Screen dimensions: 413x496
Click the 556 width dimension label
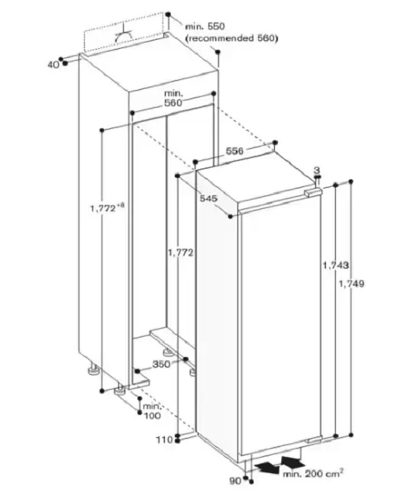(234, 151)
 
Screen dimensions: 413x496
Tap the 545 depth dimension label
(208, 198)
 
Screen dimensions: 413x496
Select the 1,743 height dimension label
(335, 265)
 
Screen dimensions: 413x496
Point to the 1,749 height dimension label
(351, 284)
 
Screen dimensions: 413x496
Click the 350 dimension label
(161, 364)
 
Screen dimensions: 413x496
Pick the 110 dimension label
(165, 440)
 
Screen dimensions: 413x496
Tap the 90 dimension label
(235, 481)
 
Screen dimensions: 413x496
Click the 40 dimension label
(53, 65)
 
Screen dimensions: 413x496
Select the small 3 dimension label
(317, 170)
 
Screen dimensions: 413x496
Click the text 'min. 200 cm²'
(313, 473)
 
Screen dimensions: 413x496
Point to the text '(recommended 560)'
(231, 38)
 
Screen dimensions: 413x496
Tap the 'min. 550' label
(205, 27)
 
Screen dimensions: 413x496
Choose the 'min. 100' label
(152, 411)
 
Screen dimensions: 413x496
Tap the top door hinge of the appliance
(312, 192)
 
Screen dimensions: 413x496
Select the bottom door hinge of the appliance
(314, 439)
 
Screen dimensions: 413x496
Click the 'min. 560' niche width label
(173, 98)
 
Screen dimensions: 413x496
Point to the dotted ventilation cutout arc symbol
(124, 37)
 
